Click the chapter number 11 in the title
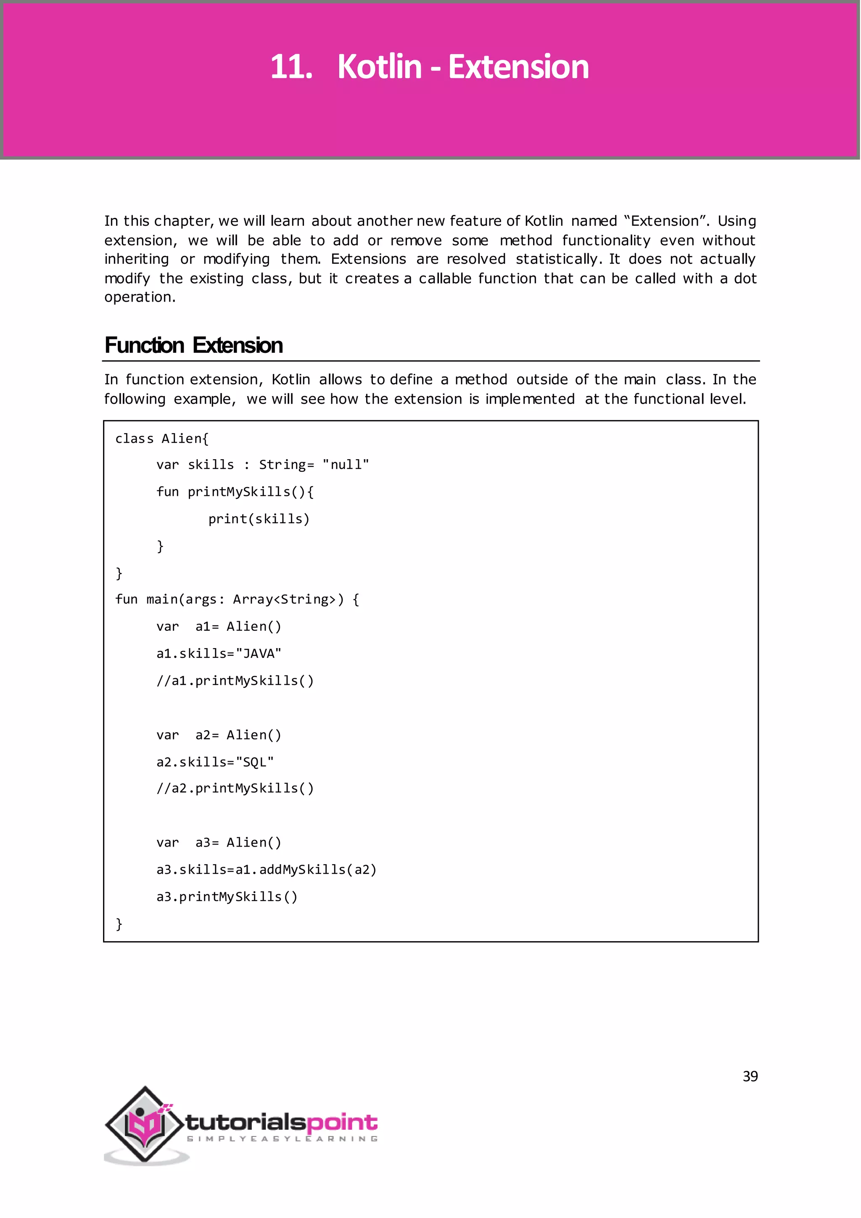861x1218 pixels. click(x=291, y=67)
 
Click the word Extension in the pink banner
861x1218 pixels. click(x=518, y=67)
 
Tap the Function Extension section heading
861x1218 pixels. click(x=193, y=345)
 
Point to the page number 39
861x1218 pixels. click(x=750, y=1076)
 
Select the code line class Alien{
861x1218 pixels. click(x=162, y=439)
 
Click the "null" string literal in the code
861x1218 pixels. click(x=345, y=465)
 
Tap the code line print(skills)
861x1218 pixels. click(x=258, y=519)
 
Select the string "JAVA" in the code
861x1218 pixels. click(x=258, y=654)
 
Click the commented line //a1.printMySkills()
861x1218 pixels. click(x=235, y=680)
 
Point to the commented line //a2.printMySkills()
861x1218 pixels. click(x=235, y=788)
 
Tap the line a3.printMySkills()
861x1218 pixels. click(x=227, y=897)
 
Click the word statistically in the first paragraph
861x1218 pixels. click(x=557, y=259)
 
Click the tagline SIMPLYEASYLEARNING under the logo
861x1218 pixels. click(x=282, y=1139)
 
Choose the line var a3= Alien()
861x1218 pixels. click(x=219, y=842)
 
